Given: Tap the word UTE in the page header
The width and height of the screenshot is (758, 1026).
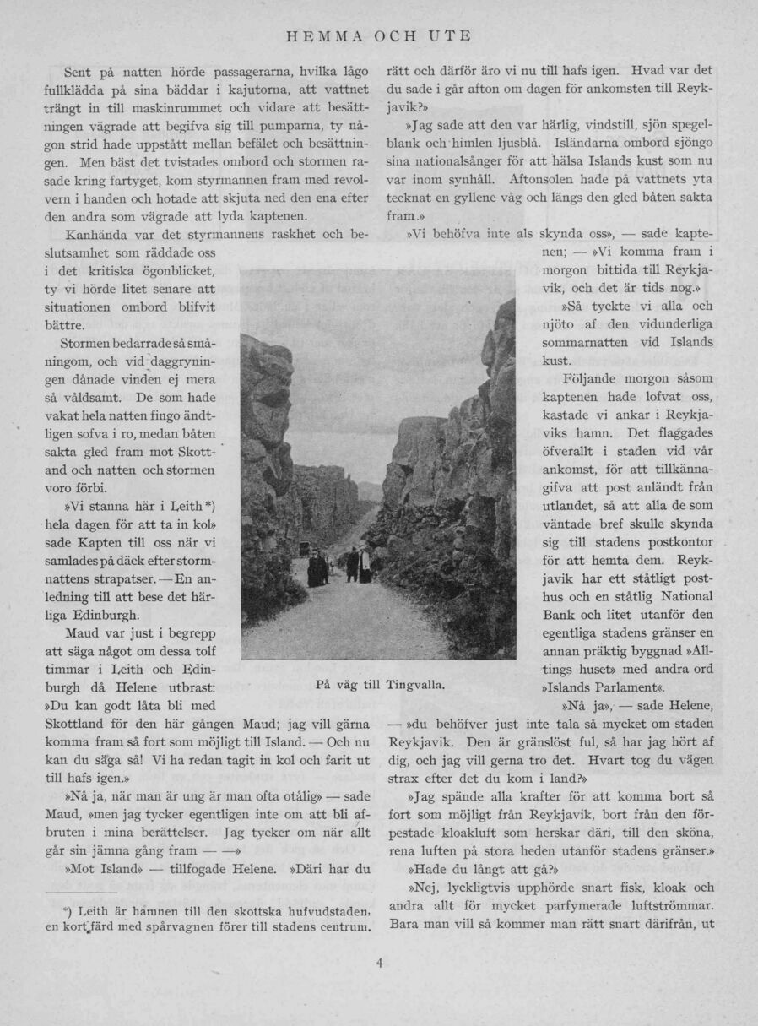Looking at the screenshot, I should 450,36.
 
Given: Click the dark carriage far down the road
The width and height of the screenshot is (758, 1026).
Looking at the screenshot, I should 303,549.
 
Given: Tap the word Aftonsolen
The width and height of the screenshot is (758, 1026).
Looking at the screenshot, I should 550,179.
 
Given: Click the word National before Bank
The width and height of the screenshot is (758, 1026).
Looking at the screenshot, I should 679,595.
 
